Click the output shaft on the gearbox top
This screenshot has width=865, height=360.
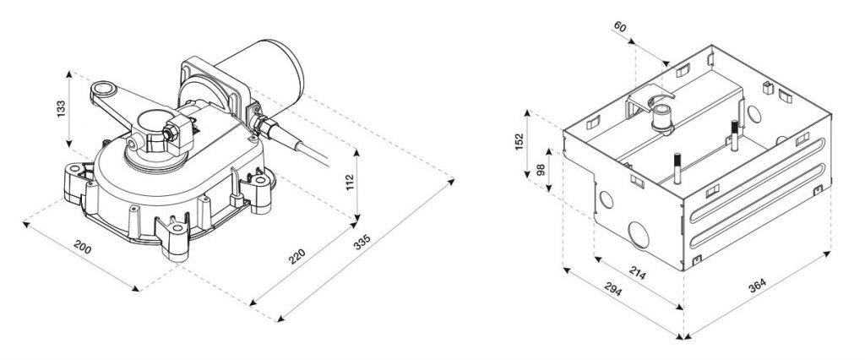[x=152, y=127]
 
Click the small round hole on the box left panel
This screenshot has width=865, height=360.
[x=606, y=200]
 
